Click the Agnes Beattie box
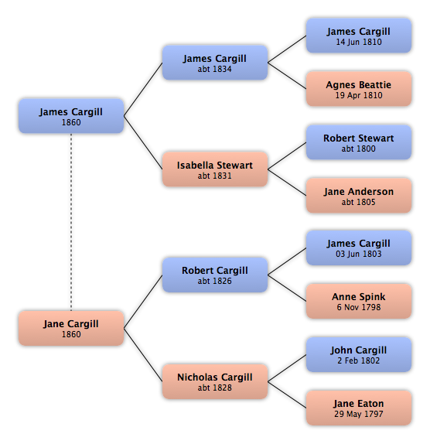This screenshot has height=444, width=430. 359,89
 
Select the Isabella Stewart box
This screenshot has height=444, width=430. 215,169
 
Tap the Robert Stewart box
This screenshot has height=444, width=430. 359,142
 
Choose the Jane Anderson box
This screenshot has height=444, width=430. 359,196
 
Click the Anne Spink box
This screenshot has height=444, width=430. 359,302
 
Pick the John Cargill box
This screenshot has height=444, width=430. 359,354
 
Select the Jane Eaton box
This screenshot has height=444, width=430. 359,408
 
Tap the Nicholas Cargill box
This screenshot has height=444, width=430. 215,381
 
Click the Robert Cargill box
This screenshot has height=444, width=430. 215,275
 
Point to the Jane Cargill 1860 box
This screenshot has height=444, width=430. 71,328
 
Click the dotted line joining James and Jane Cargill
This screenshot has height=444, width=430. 71,222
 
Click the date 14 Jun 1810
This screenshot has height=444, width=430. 359,43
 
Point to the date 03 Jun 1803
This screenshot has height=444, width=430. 359,254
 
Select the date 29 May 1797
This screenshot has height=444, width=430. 359,415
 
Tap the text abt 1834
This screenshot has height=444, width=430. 214,69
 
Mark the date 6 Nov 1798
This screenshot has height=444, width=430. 359,307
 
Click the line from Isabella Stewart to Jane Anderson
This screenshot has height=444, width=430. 287,183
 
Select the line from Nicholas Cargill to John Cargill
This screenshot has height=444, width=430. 287,368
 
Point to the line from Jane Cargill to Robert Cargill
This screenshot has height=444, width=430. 143,302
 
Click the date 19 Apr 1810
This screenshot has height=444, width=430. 359,95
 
